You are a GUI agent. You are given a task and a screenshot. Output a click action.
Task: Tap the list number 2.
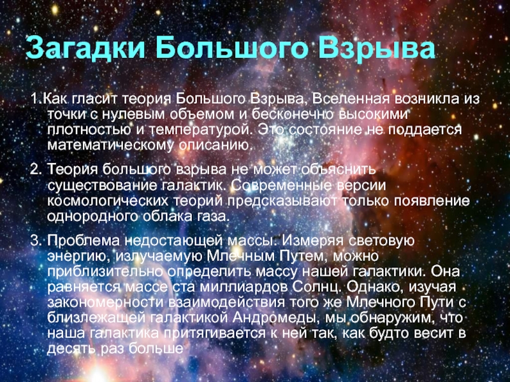(x=36, y=169)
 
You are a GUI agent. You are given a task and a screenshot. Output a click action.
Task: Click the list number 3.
(x=36, y=241)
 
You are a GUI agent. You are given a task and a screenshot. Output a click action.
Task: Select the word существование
(x=102, y=186)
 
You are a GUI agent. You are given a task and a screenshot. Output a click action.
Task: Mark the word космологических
(x=108, y=201)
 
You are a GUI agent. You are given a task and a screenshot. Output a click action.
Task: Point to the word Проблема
(x=84, y=241)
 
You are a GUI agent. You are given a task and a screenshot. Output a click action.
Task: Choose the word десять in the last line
(x=72, y=349)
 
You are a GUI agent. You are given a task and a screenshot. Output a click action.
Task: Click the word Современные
(x=282, y=185)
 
